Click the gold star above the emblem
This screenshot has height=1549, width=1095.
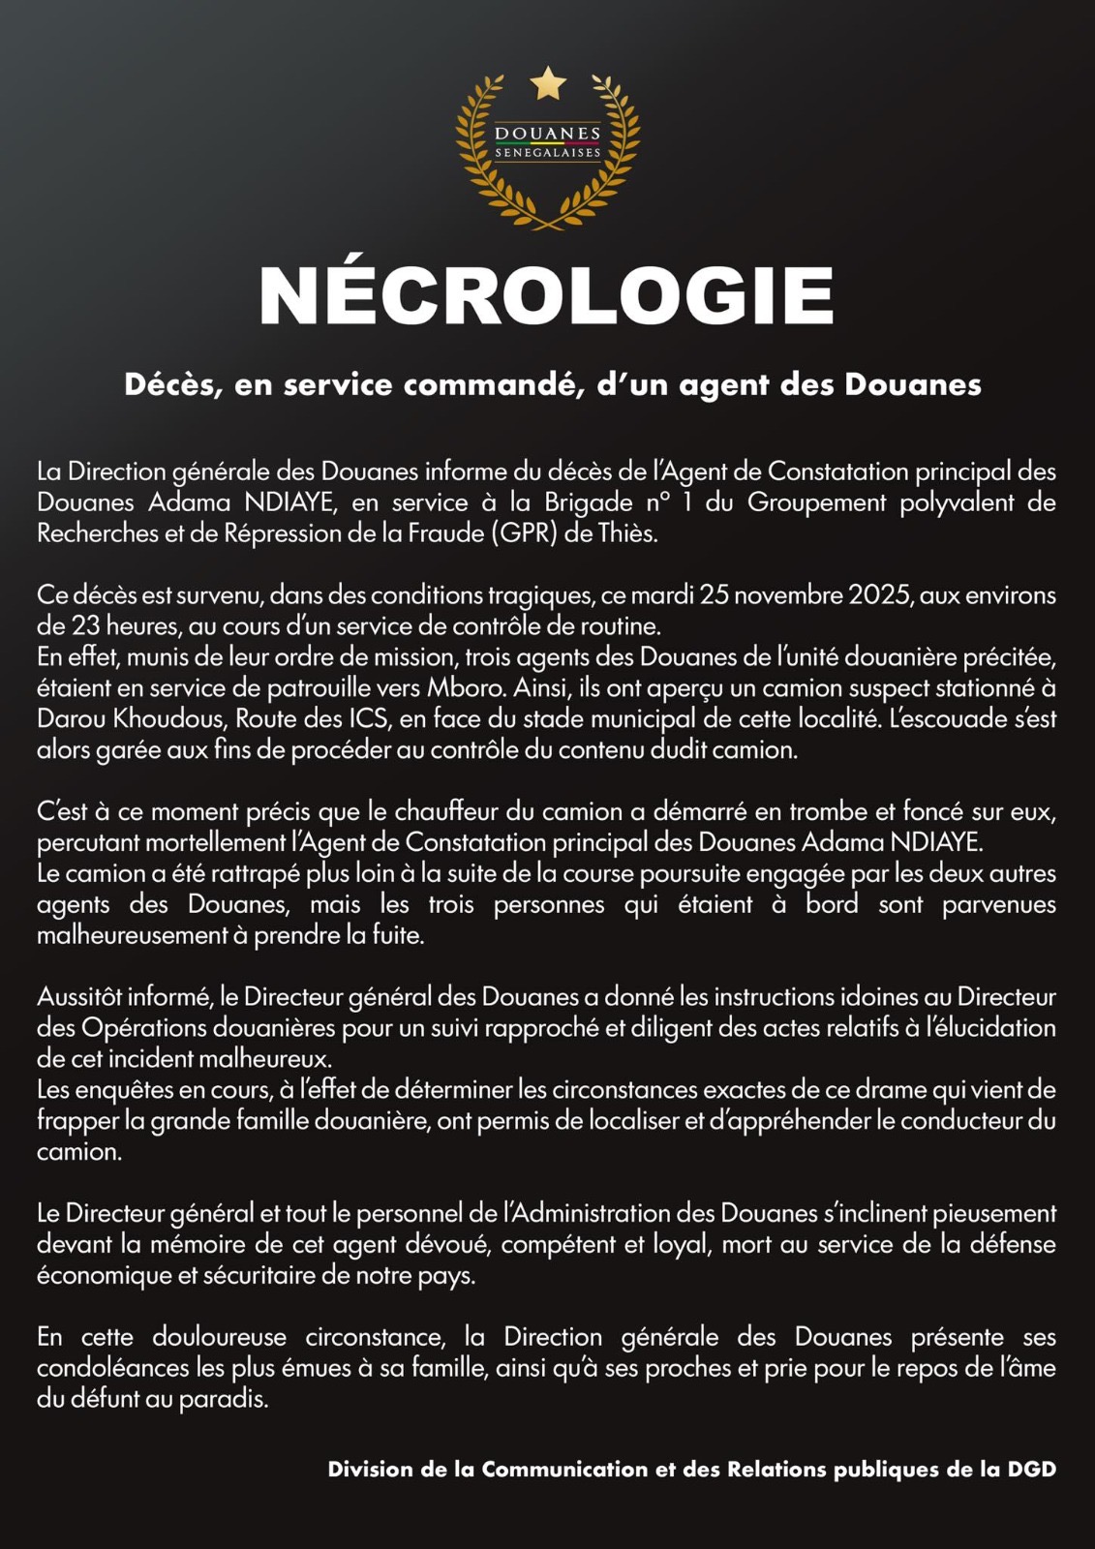tap(548, 83)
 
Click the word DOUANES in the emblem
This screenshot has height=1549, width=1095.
tap(547, 134)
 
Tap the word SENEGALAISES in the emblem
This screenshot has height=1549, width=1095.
tap(547, 153)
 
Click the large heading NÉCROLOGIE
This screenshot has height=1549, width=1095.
tap(547, 295)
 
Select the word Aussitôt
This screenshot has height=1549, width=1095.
tap(79, 996)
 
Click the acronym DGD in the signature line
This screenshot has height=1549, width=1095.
tap(1032, 1470)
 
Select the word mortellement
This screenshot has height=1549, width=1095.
tap(199, 842)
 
